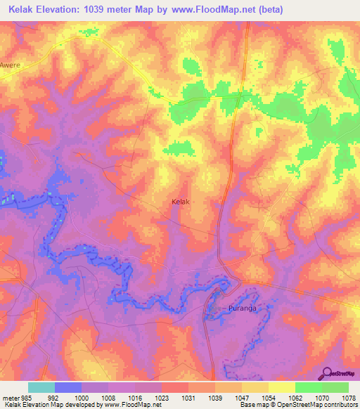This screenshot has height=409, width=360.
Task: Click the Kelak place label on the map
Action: [181, 202]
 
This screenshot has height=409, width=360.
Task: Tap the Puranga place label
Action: [233, 309]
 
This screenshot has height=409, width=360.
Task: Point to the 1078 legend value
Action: [348, 397]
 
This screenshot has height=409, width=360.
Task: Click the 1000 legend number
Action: [81, 397]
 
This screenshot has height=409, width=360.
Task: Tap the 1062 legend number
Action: [295, 397]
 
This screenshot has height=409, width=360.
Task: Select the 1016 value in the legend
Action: [134, 397]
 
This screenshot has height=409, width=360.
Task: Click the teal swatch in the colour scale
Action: [41, 387]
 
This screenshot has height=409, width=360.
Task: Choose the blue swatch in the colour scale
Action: [68, 387]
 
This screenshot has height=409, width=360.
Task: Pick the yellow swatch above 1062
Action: [282, 387]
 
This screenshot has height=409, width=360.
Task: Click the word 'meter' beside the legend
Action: [9, 397]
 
